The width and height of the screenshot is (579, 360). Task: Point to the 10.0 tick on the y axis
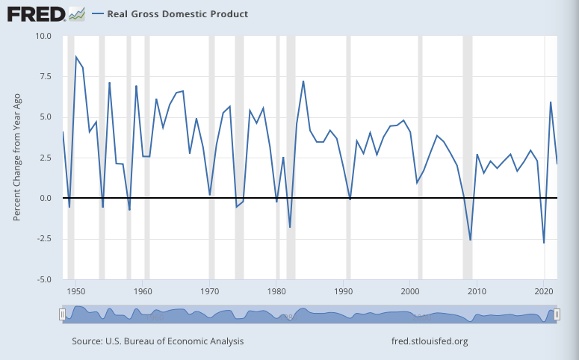[x=43, y=36]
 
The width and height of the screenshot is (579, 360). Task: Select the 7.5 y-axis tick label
[x=45, y=76]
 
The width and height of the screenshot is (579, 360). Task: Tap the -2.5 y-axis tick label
[x=43, y=238]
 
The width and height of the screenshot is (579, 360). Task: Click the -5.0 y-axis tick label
[x=43, y=279]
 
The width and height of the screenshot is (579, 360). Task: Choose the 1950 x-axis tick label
[x=75, y=291]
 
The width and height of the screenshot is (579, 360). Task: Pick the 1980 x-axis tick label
[x=277, y=291]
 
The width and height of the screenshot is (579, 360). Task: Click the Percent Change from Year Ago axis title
[x=16, y=158]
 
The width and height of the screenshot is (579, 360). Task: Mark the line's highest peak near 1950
[x=76, y=57]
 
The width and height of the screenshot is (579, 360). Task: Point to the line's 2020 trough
[x=544, y=243]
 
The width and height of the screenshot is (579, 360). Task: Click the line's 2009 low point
[x=471, y=240]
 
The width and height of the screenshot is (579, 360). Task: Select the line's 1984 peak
[x=303, y=81]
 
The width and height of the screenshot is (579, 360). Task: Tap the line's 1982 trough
[x=290, y=227]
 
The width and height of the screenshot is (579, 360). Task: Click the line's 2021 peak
[x=551, y=102]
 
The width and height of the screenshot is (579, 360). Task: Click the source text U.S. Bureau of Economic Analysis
[x=158, y=341]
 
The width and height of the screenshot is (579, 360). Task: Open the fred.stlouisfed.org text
[x=430, y=341]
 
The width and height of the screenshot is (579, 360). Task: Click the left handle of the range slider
[x=63, y=315]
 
